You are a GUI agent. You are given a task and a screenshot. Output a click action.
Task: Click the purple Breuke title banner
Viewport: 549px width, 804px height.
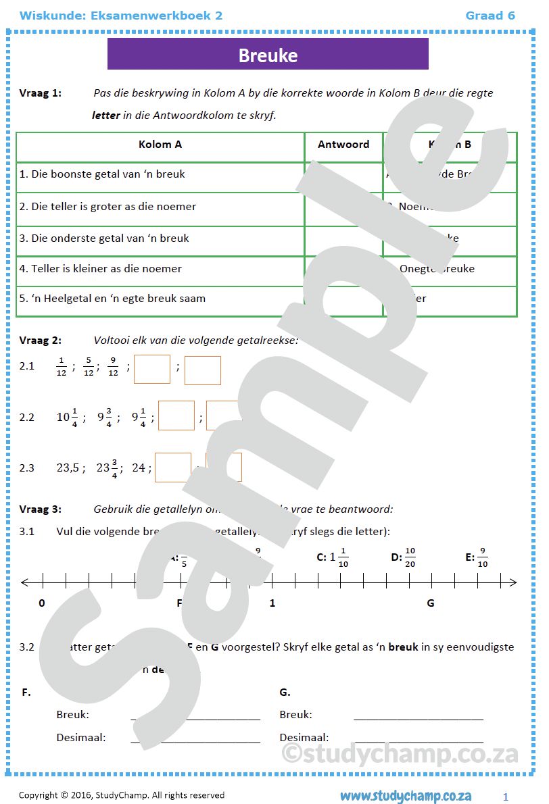(268, 54)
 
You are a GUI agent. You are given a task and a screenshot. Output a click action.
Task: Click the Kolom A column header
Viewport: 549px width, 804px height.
(160, 145)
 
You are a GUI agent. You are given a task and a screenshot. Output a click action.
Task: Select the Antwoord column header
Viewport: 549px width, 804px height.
(343, 145)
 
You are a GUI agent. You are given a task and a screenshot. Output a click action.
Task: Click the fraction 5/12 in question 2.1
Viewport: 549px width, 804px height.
(89, 366)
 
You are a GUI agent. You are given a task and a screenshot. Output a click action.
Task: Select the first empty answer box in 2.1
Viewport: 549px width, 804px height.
(152, 370)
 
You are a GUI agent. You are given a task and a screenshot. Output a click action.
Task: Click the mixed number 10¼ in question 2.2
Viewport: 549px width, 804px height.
(66, 417)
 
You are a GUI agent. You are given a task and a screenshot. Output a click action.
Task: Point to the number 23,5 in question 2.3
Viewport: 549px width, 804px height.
(69, 468)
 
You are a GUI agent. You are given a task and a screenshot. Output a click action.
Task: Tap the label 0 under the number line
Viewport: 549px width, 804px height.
(42, 603)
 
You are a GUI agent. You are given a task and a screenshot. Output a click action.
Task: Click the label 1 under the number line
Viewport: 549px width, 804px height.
(272, 603)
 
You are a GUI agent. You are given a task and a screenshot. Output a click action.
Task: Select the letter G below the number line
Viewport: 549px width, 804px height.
(431, 603)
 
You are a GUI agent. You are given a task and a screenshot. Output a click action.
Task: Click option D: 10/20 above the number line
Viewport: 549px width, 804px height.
(404, 557)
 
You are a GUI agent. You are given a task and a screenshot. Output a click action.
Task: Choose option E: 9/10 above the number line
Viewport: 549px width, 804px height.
(477, 557)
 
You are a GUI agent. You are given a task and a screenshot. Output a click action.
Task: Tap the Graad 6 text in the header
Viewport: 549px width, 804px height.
(490, 16)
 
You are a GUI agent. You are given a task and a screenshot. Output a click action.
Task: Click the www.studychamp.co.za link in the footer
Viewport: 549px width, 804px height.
(406, 796)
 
